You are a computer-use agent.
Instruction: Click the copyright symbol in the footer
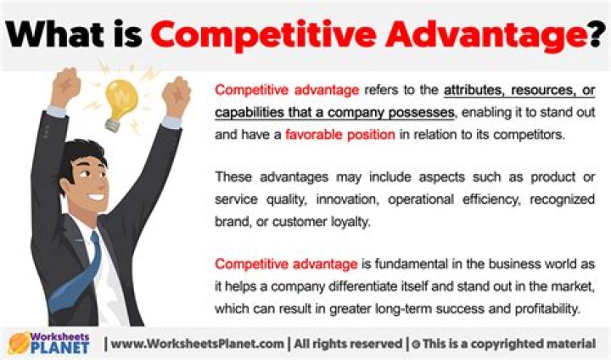(x=417, y=343)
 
